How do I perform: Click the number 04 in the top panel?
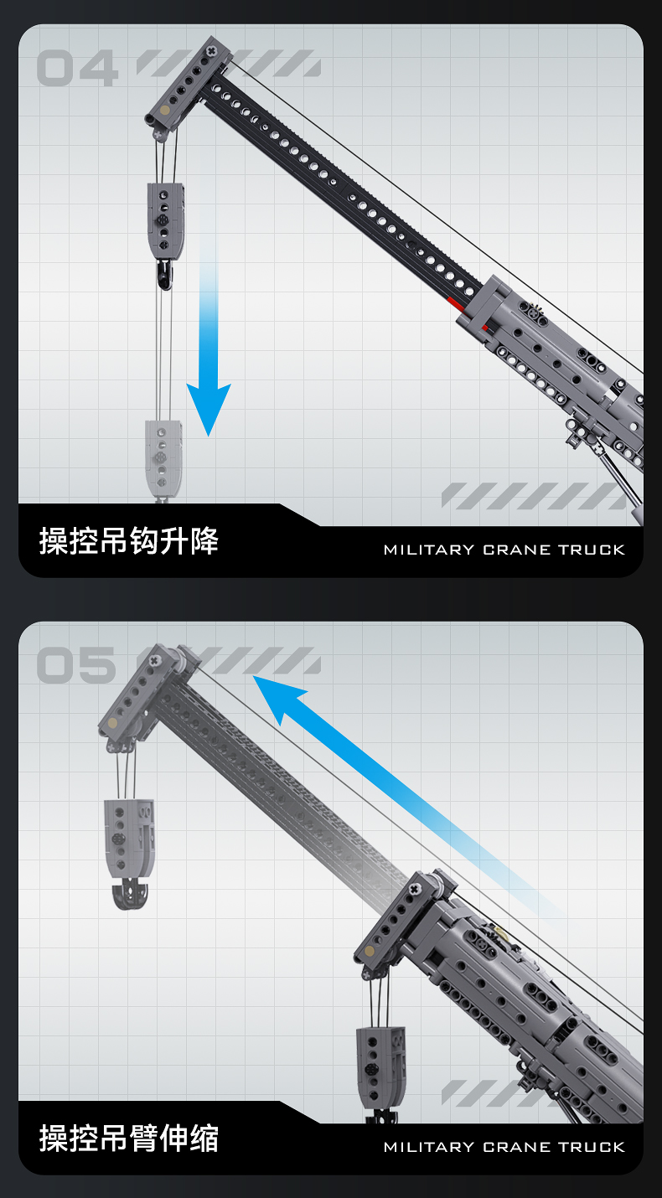[x=76, y=69]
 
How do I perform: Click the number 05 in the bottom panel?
[x=76, y=666]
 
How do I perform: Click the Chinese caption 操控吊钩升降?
[x=129, y=541]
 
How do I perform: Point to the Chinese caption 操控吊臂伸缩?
[x=129, y=1139]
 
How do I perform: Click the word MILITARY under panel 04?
[x=428, y=550]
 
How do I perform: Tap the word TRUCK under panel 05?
[x=592, y=1147]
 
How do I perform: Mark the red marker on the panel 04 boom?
[x=455, y=299]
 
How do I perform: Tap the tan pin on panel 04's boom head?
[x=165, y=110]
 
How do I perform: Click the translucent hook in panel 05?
[x=129, y=895]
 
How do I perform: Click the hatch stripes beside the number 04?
[x=228, y=63]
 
